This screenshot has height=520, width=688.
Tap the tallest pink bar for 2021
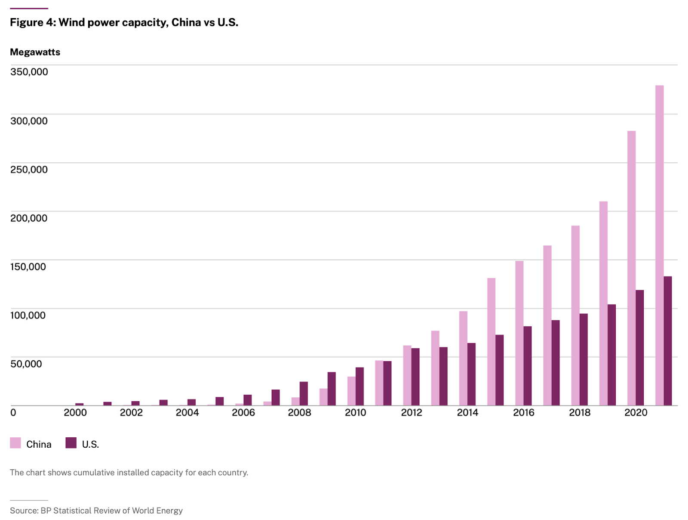pos(659,245)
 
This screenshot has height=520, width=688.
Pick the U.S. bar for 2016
pos(528,366)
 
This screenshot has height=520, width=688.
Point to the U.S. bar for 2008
pos(304,393)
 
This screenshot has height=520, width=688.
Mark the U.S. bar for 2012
pos(415,377)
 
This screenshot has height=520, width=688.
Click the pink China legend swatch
pos(15,443)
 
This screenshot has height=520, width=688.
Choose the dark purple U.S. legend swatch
pos(71,443)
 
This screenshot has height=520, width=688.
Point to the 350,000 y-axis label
pos(29,72)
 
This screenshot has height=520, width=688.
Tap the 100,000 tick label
pos(28,315)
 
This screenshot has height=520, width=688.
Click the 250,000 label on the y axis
pos(29,170)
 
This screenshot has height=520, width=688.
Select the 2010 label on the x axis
pos(355,412)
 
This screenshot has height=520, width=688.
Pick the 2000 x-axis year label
pos(75,412)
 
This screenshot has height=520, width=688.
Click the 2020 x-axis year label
pos(636,412)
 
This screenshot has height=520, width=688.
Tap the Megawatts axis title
pos(35,52)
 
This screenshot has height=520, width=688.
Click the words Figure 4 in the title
pos(33,22)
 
